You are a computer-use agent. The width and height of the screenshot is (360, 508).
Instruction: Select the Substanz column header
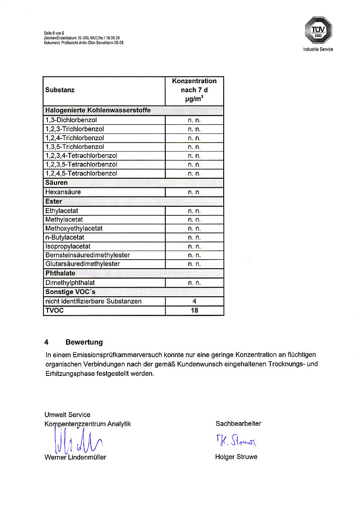coord(60,90)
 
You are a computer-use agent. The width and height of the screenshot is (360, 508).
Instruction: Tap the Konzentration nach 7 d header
coord(194,90)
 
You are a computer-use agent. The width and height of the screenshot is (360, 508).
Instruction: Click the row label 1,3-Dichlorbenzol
coord(71,120)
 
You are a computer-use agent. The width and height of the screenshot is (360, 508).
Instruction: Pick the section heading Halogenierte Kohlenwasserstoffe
coord(98,110)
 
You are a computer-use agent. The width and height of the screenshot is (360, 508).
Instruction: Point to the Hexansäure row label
coord(63,192)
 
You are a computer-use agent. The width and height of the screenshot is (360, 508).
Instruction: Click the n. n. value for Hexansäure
coord(194,192)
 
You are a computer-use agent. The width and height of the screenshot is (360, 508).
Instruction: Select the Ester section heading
coord(53,201)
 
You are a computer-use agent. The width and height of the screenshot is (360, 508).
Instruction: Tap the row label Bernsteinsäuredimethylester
coord(87,255)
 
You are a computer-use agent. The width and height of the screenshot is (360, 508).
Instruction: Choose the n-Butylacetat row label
coord(65,237)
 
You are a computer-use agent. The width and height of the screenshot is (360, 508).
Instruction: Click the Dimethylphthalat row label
coord(70,283)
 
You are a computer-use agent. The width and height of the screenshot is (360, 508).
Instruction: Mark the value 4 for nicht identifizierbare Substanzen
coord(194,301)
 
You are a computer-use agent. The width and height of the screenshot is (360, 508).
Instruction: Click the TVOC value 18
coord(194,310)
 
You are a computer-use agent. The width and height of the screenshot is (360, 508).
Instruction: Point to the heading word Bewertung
coord(84,342)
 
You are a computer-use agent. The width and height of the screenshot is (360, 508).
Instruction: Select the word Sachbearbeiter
coord(238,424)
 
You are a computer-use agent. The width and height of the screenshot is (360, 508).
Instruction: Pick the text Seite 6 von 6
coord(54,33)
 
